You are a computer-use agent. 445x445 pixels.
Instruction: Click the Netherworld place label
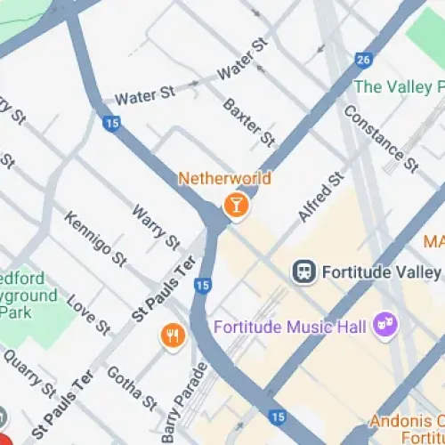point(224,178)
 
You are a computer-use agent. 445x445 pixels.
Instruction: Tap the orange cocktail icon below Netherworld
point(236,206)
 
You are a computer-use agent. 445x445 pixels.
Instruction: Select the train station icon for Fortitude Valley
point(304,271)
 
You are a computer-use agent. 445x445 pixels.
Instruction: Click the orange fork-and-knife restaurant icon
point(171,336)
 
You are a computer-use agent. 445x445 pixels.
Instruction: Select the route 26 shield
point(362,60)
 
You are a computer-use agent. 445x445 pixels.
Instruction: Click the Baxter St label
point(248,122)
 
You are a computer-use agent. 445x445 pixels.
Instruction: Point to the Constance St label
point(380,138)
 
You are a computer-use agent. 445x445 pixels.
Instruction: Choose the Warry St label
point(156,225)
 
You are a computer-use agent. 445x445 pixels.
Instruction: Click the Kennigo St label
point(94,238)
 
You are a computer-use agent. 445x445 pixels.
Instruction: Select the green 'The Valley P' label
point(398,87)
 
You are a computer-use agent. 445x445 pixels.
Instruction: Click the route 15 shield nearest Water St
point(111,124)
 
